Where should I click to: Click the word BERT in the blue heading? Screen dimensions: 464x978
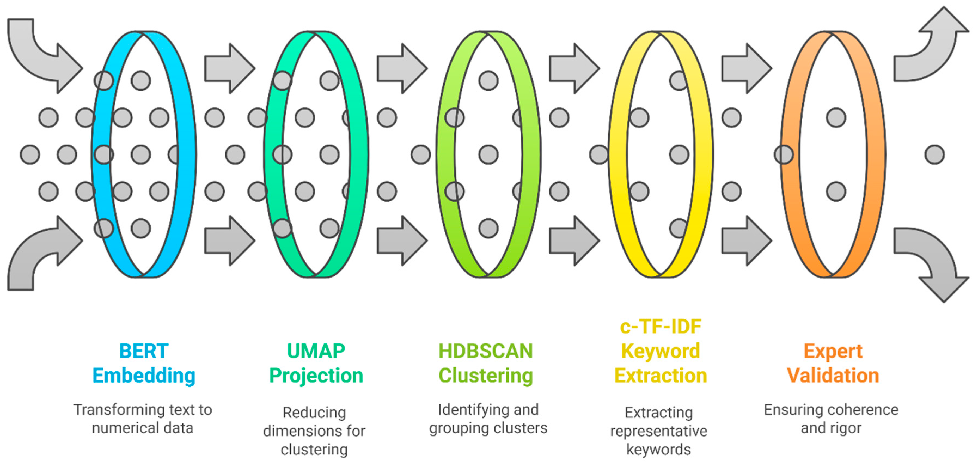pyautogui.click(x=143, y=351)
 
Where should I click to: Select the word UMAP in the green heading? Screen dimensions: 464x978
pyautogui.click(x=316, y=351)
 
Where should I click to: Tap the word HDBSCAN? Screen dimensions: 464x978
pyautogui.click(x=485, y=351)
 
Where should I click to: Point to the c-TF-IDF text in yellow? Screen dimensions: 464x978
pyautogui.click(x=660, y=327)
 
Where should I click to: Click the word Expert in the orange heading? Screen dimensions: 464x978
pyautogui.click(x=833, y=351)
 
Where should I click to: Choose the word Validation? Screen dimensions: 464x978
pyautogui.click(x=833, y=376)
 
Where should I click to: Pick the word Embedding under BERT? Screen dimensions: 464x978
pyautogui.click(x=143, y=376)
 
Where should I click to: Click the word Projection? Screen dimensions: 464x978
pyautogui.click(x=316, y=376)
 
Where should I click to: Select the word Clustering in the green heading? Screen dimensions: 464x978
pyautogui.click(x=485, y=376)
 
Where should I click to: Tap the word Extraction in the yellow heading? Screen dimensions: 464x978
pyautogui.click(x=660, y=376)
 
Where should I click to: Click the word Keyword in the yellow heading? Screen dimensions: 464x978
pyautogui.click(x=660, y=351)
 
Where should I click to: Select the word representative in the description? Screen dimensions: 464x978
pyautogui.click(x=659, y=431)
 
